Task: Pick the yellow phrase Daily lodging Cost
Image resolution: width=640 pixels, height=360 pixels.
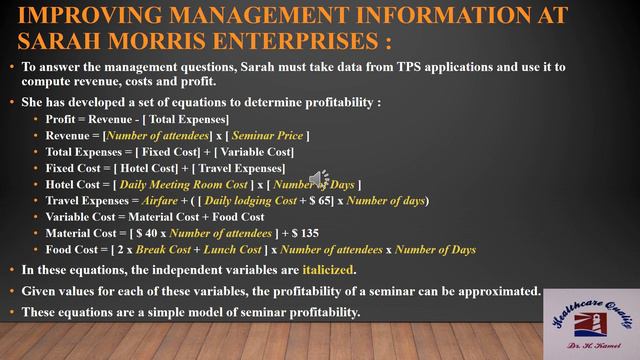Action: click(x=253, y=200)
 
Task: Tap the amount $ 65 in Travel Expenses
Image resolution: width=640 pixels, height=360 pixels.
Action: click(x=331, y=200)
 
